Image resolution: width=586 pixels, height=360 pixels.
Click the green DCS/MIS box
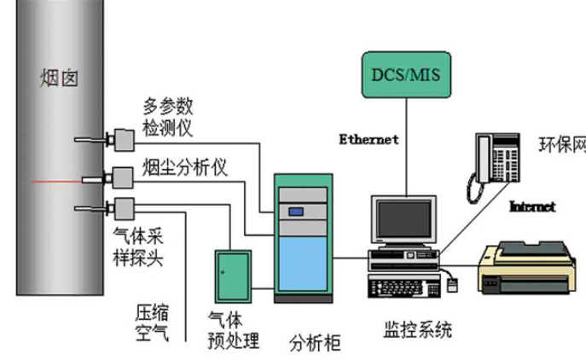tap(406, 75)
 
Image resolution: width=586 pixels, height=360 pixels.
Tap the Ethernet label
tap(368, 139)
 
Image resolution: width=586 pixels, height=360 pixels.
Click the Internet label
tap(532, 206)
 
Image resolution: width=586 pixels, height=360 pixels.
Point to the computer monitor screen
tap(403, 219)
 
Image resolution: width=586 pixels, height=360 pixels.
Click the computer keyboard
tap(404, 287)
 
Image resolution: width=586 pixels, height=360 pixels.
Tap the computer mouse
tap(452, 285)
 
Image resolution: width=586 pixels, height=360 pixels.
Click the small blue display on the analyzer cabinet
tap(296, 212)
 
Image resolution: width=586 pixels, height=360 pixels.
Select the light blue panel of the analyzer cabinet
tap(303, 264)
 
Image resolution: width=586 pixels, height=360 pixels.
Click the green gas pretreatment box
tap(233, 276)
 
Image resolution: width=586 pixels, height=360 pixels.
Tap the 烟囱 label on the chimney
tap(59, 78)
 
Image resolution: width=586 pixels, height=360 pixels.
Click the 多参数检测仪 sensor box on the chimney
tap(124, 140)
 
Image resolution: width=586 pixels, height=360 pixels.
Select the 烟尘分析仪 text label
tap(184, 167)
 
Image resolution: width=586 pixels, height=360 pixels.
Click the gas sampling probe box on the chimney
tap(124, 209)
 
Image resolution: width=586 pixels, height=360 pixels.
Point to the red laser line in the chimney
tap(57, 182)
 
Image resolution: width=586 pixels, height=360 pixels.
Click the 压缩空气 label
tap(152, 323)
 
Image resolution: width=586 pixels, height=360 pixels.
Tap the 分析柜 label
tap(315, 343)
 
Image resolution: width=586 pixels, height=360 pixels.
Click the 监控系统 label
tap(418, 329)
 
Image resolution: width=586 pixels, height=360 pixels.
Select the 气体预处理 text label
tap(233, 330)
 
